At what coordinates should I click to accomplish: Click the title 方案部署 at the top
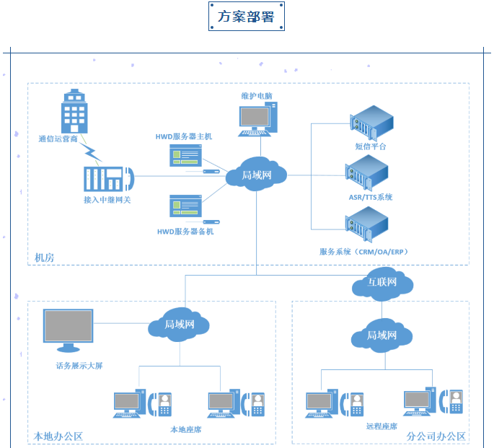coord(247,17)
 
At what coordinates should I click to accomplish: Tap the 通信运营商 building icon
coord(74,112)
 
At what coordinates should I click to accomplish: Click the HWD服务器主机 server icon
coord(185,156)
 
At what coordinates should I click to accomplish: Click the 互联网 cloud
coord(382,283)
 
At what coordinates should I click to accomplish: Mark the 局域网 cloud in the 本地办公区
coord(180,325)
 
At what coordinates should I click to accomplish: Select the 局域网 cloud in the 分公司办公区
coord(382,335)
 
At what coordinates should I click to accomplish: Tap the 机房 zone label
coord(44,258)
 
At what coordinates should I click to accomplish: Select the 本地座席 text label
coord(185,429)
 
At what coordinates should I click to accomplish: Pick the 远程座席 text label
coord(381,426)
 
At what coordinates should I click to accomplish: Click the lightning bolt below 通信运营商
coord(92,152)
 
